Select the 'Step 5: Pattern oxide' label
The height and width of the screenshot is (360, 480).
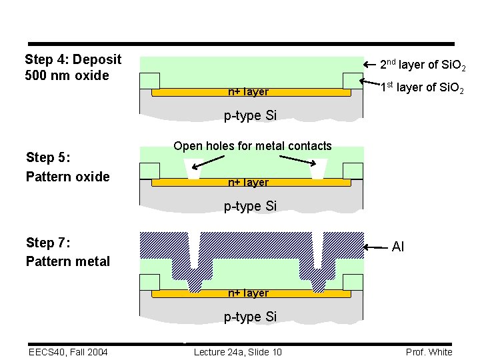67,167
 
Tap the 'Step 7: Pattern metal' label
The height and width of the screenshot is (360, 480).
67,252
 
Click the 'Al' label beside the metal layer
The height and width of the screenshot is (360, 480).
398,247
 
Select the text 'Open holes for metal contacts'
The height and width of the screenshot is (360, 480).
252,146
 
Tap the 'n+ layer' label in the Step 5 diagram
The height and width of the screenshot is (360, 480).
248,182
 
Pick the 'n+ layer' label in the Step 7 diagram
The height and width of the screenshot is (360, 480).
248,293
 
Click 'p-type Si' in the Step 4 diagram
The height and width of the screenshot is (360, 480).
250,116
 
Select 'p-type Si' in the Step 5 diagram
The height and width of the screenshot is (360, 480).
250,206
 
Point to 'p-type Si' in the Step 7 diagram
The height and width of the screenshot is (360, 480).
250,317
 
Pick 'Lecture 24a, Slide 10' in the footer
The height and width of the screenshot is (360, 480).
237,352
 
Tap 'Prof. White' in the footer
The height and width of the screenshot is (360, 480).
429,352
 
